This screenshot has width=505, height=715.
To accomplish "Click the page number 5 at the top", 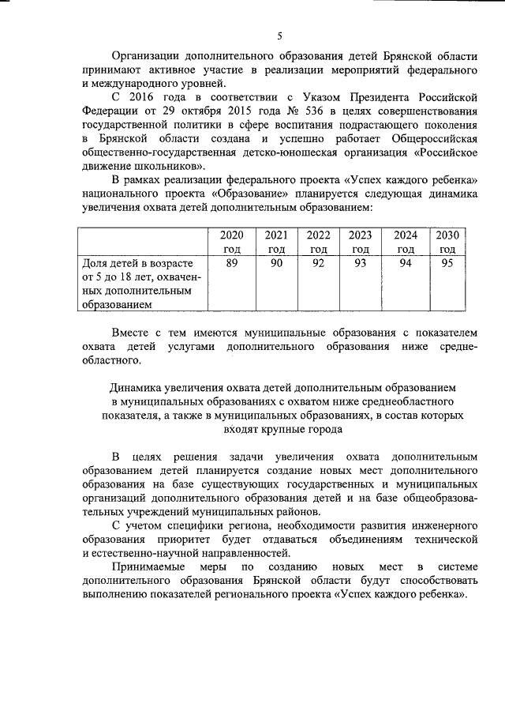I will (279, 36).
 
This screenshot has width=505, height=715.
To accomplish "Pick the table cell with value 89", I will (232, 264).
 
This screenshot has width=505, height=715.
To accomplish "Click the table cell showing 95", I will (447, 264).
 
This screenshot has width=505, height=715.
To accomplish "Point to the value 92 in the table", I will (318, 264).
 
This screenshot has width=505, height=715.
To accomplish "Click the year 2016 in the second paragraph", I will (149, 96).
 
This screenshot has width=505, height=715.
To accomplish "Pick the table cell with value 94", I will (405, 264).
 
